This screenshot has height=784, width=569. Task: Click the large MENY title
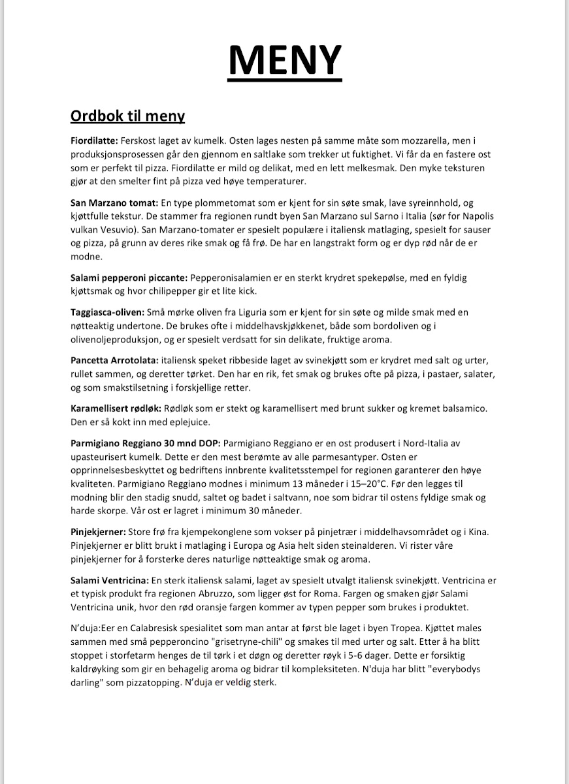click(285, 59)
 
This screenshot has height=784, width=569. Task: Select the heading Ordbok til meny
click(127, 116)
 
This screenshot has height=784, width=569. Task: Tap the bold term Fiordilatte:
click(94, 140)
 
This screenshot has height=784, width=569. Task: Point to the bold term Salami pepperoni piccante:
click(129, 278)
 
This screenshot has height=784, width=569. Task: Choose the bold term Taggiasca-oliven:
click(108, 313)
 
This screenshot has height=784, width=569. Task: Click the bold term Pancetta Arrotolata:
click(114, 361)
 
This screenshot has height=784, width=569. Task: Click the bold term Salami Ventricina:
click(109, 580)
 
